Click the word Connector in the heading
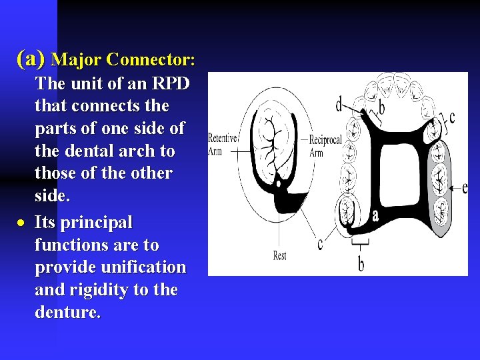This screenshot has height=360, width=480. click(x=150, y=60)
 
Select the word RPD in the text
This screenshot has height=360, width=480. click(x=172, y=84)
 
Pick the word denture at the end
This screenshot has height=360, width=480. click(x=66, y=312)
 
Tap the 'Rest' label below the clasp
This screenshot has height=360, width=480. click(x=279, y=255)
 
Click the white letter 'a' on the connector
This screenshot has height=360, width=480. click(x=375, y=215)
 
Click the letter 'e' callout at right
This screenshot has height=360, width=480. click(x=464, y=187)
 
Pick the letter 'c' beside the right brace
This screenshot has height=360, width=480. click(x=453, y=118)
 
